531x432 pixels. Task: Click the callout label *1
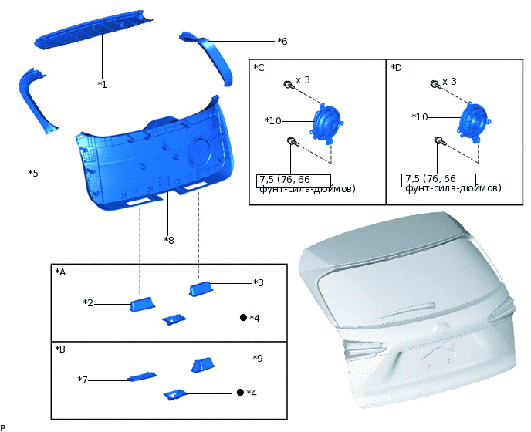pyautogui.click(x=102, y=84)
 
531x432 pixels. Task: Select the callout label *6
pyautogui.click(x=282, y=42)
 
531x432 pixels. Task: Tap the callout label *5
pyautogui.click(x=33, y=174)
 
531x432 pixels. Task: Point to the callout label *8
pyautogui.click(x=169, y=241)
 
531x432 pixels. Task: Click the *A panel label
pyautogui.click(x=60, y=272)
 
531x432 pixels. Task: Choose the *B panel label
pyautogui.click(x=60, y=349)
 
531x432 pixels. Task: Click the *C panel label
pyautogui.click(x=259, y=67)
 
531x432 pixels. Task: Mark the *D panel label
pyautogui.click(x=396, y=68)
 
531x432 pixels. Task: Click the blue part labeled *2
pyautogui.click(x=143, y=304)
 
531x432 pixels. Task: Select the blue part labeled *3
pyautogui.click(x=201, y=289)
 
